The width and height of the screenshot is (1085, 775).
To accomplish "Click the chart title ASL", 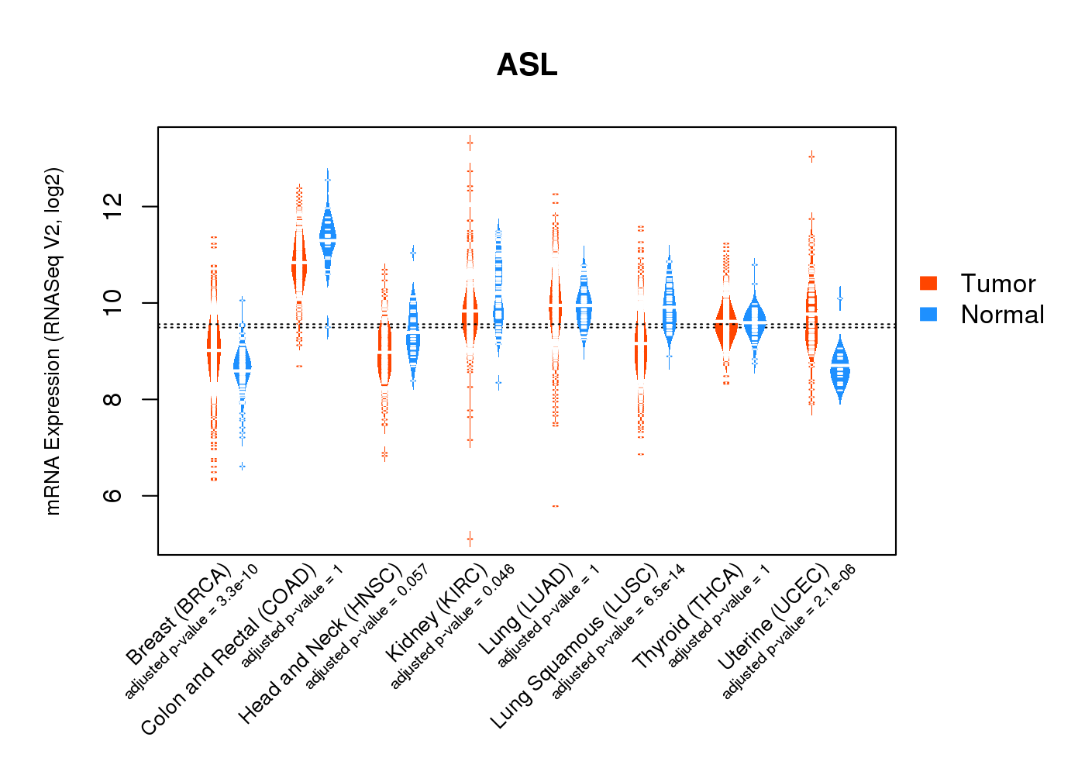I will pos(527,65).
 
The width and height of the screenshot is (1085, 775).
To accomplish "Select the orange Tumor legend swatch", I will pos(928,283).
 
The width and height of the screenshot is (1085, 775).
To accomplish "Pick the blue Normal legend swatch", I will pos(928,314).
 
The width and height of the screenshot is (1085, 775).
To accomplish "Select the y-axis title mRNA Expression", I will pos(53,341).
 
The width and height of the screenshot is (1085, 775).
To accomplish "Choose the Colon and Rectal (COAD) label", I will pos(229,649).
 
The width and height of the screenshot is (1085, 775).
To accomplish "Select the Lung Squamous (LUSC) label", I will pos(574,647).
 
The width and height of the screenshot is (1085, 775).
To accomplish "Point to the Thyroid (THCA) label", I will pos(687,617).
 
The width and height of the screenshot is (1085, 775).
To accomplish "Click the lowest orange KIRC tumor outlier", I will pos(470,539).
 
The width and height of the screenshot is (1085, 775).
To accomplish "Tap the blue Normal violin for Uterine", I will pos(839,370).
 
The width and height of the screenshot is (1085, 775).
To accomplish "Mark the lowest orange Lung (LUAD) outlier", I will pos(555,506).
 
